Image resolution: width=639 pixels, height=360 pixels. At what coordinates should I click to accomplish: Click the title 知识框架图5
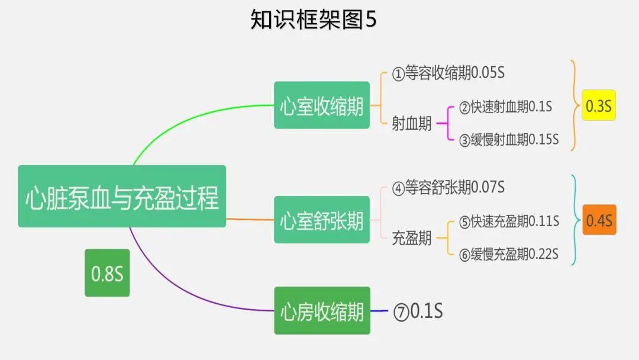(x=313, y=20)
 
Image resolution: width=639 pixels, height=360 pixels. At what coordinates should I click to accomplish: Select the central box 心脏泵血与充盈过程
(x=122, y=197)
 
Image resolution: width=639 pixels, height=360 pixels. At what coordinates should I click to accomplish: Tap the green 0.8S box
(x=107, y=273)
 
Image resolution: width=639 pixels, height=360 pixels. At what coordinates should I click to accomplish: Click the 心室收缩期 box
(x=322, y=105)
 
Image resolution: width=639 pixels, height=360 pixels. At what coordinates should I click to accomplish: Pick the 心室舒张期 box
(x=322, y=220)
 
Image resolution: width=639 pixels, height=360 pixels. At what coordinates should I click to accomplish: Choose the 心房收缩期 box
(x=322, y=310)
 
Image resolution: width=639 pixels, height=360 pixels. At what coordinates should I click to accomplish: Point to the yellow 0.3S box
(x=599, y=105)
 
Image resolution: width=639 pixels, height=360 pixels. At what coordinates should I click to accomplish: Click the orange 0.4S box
(x=599, y=220)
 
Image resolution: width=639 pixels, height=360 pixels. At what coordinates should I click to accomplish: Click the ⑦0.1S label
(x=418, y=311)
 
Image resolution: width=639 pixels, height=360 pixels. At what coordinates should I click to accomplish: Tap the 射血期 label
(x=412, y=124)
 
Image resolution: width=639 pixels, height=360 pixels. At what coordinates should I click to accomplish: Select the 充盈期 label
(x=412, y=239)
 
